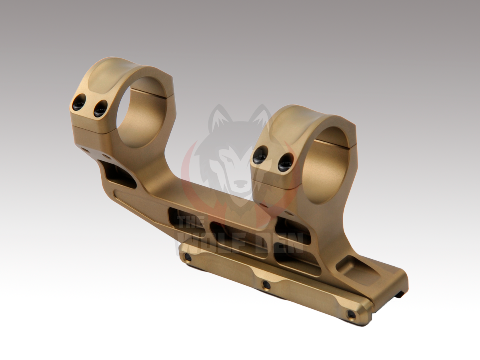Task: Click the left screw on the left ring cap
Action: [x=80, y=105]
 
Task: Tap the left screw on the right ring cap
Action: [x=260, y=157]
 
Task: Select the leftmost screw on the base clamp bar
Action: [x=188, y=258]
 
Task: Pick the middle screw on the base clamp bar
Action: [x=266, y=284]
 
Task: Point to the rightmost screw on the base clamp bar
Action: [x=351, y=314]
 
